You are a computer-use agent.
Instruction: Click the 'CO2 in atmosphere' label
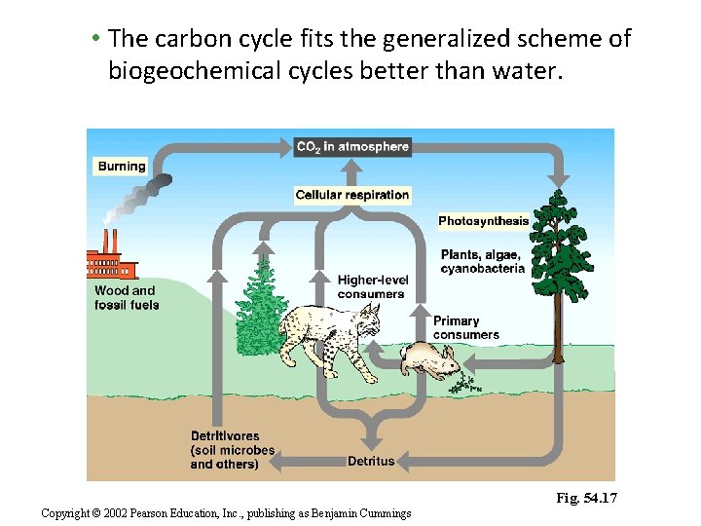click(x=352, y=147)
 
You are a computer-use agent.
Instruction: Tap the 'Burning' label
click(x=122, y=167)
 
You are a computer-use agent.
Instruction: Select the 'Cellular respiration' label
click(x=352, y=195)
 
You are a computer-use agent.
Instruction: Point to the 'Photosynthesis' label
click(x=483, y=221)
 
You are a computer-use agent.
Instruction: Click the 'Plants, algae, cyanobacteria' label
click(x=482, y=261)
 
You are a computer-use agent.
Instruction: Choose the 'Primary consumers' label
click(x=465, y=327)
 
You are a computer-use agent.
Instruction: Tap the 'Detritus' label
click(x=371, y=461)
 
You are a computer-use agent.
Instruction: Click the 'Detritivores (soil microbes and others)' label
click(x=232, y=450)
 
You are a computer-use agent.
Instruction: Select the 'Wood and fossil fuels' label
click(x=127, y=297)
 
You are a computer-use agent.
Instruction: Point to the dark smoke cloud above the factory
click(x=155, y=184)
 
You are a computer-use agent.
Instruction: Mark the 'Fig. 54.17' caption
click(x=587, y=499)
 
